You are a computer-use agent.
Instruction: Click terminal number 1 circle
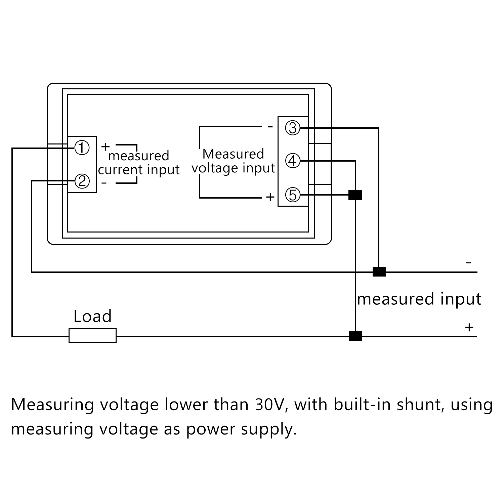[x=82, y=148]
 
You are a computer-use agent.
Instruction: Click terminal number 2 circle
[x=82, y=181]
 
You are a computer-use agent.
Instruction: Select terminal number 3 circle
[x=292, y=128]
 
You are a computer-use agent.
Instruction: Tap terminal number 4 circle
[x=292, y=161]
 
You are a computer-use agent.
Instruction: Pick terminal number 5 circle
[x=292, y=195]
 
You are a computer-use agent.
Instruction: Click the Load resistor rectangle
[x=92, y=335]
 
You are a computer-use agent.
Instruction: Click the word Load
[x=92, y=317]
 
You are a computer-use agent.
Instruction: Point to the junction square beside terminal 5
[x=355, y=195]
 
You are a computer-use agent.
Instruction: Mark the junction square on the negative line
[x=379, y=271]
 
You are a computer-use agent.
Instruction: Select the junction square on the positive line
[x=355, y=336]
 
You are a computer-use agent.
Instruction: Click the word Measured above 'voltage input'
[x=233, y=154]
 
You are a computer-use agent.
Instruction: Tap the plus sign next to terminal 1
[x=106, y=146]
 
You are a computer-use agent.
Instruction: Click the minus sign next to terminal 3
[x=270, y=127]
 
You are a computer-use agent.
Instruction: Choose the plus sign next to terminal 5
[x=270, y=197]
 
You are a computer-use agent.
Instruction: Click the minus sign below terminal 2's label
[x=104, y=183]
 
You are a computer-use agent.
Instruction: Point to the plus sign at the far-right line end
[x=469, y=327]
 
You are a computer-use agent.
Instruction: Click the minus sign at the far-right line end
[x=469, y=262]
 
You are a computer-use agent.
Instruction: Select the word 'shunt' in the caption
[x=421, y=405]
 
